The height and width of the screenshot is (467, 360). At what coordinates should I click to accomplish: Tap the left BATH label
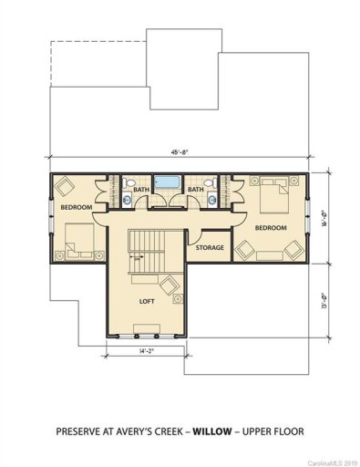click(140, 190)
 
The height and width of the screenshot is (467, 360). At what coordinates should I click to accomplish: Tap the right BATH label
click(196, 190)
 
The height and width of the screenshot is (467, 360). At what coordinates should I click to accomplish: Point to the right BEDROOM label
click(271, 226)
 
